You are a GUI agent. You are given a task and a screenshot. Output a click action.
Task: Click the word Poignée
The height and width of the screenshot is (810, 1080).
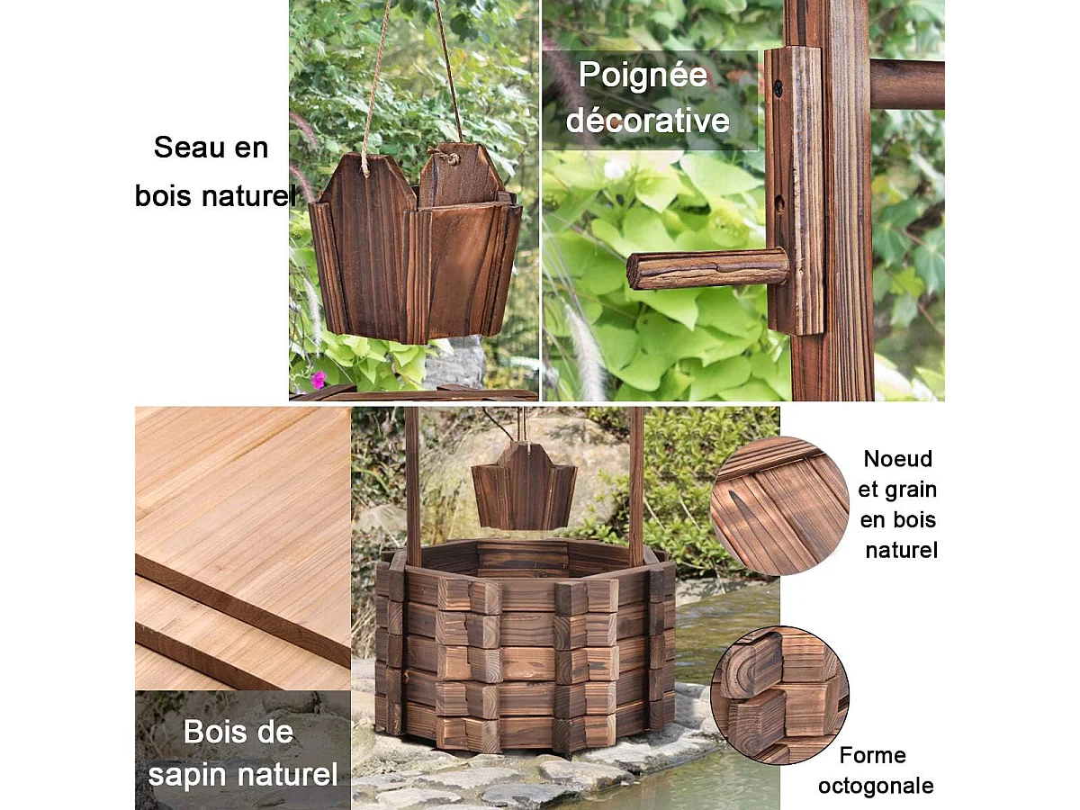coord(642,76)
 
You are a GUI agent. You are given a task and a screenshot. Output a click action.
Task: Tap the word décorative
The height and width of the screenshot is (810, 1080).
coord(647,120)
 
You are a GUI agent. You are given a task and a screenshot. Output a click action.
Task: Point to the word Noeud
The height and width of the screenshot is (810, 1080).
coord(897,459)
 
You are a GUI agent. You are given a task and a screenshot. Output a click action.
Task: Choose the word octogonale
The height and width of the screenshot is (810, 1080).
coord(875,786)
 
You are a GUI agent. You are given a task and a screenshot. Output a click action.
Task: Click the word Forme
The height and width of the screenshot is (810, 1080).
coord(872,755)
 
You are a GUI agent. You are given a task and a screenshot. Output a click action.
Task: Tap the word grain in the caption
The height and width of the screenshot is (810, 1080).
coord(911,490)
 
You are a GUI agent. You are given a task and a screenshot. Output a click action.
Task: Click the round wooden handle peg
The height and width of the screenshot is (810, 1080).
coord(706,269)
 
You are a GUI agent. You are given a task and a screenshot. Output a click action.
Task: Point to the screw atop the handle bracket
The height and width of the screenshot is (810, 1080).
coord(778,88)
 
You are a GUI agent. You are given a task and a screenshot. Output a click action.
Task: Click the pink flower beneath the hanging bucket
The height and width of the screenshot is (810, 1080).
coord(318,379)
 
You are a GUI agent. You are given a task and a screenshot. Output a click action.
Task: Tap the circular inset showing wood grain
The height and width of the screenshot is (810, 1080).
coord(779,506)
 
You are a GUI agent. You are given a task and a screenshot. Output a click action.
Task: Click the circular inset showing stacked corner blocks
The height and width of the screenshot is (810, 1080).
coord(779,696)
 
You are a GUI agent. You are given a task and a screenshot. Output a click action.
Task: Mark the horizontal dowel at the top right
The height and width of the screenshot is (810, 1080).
coord(906,84)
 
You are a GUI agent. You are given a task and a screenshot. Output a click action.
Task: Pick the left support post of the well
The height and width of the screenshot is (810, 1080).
coord(412,486)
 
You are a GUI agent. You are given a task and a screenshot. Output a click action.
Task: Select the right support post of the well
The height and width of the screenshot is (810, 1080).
coord(635,486)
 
